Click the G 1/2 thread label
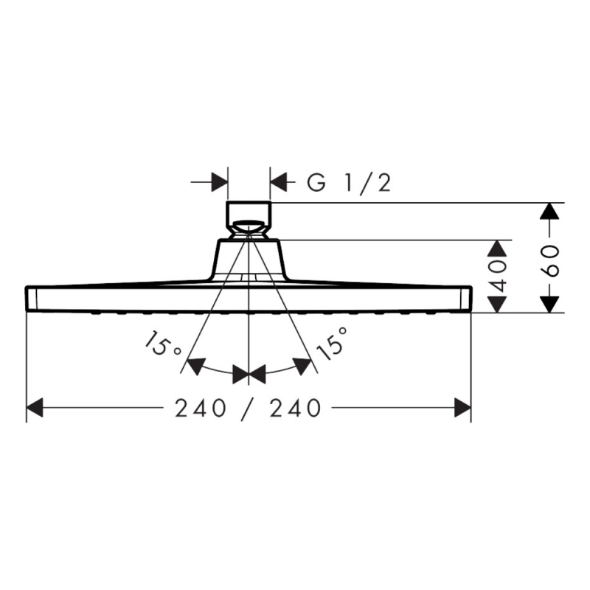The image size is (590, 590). pos(348,182)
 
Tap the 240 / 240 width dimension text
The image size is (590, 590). pos(249,408)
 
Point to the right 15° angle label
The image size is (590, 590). pos(333,345)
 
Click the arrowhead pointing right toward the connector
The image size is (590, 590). pos(218,181)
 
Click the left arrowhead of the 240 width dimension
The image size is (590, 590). pos(35,407)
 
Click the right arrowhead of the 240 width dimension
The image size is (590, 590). pos(462,407)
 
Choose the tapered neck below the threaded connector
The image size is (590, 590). pos(249,258)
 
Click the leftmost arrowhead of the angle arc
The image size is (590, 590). pos(195,365)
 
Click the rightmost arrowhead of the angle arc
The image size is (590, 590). pos(302,365)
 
